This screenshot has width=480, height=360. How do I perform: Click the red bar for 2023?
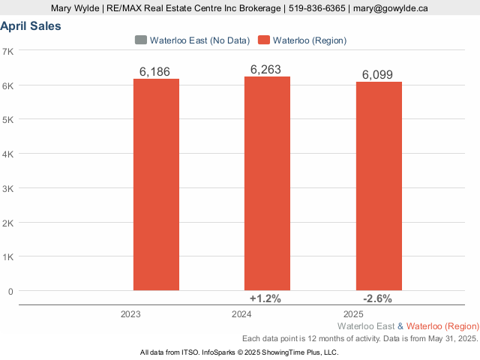click(x=156, y=184)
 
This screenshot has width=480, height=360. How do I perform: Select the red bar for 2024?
click(x=267, y=183)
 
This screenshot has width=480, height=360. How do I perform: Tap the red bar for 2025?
click(x=379, y=185)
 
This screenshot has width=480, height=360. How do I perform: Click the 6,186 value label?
click(x=155, y=72)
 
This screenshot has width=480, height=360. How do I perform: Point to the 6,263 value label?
click(x=265, y=70)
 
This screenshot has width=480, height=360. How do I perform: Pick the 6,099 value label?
click(x=377, y=74)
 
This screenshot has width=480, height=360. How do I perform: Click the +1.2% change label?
click(x=265, y=298)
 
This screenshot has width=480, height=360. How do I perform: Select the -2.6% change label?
click(x=377, y=298)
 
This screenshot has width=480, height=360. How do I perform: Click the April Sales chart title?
click(x=31, y=26)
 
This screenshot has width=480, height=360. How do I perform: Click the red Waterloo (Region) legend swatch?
click(x=263, y=40)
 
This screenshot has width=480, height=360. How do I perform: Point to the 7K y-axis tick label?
click(x=8, y=51)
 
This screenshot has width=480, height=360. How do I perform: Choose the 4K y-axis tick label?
click(x=8, y=154)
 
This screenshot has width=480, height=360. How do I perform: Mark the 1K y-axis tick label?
click(x=8, y=256)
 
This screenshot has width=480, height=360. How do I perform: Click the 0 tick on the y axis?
click(x=10, y=291)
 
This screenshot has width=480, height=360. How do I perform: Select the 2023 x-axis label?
click(x=130, y=313)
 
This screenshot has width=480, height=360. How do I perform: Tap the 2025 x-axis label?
click(x=353, y=313)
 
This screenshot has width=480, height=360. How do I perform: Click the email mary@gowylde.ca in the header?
click(x=391, y=8)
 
